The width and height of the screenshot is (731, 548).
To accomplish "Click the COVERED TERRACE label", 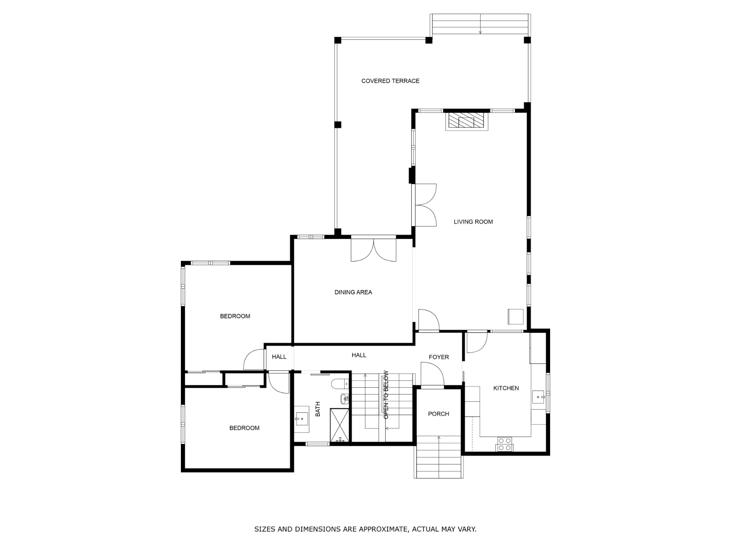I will point(390,81).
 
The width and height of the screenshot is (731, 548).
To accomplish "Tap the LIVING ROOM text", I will point(473,222).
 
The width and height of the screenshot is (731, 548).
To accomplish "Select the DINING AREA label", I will point(353,292).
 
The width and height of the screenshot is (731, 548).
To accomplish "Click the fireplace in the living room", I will point(466,121).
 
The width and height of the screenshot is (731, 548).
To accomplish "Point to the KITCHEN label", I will point(506,388).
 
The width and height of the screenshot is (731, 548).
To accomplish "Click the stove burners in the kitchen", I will point(504,444).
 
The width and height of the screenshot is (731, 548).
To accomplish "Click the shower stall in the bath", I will point(339,425).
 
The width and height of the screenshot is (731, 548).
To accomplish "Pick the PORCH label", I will point(438,414).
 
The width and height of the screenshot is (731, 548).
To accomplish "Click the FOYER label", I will point(439,357).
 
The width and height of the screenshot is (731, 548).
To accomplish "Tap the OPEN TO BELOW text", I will point(386,395).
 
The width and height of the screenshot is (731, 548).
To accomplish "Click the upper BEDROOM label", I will point(235,316).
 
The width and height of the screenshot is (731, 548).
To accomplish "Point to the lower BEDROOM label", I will point(244,428).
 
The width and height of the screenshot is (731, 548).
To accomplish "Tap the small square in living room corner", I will point(515,316).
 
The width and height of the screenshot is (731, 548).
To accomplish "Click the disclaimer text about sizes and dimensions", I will point(365,529).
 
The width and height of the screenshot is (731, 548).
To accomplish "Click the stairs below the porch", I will point(439,457).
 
